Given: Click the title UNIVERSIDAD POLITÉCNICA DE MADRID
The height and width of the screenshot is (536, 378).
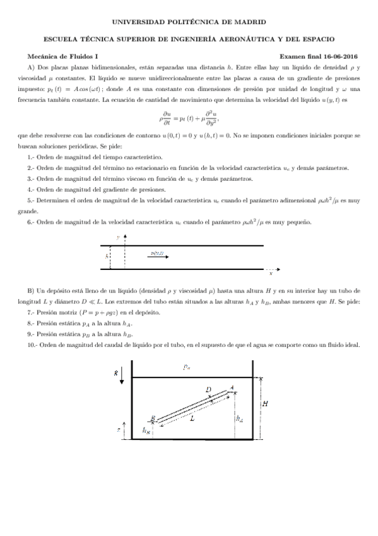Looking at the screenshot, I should [x=189, y=21].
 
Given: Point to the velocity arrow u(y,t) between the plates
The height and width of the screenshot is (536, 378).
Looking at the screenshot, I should [x=158, y=254].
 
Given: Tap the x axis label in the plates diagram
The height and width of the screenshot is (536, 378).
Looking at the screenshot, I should [x=271, y=274].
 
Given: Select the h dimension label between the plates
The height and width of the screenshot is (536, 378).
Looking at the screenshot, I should [x=106, y=256].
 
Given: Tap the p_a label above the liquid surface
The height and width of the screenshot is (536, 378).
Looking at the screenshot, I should [x=187, y=368].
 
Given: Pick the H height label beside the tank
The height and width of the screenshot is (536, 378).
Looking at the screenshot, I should [x=264, y=405].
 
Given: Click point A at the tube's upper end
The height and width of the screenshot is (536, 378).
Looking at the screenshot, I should [x=233, y=387].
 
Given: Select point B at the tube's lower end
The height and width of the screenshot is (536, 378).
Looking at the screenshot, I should [x=152, y=418].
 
